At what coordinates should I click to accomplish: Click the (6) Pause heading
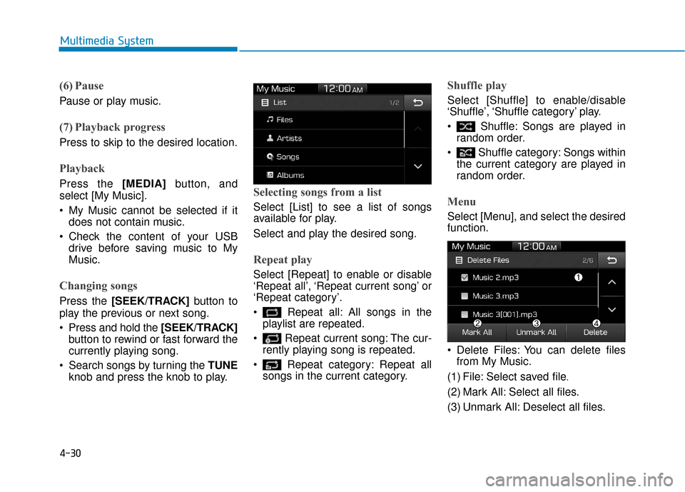click(81, 86)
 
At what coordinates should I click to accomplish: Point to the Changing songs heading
click(98, 285)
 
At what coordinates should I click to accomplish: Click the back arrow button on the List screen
click(417, 102)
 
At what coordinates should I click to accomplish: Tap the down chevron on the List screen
click(417, 166)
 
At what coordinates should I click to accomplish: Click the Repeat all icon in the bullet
click(272, 313)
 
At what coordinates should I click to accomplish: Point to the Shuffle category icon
click(465, 153)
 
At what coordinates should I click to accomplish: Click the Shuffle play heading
click(477, 85)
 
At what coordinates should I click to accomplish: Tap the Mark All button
click(477, 332)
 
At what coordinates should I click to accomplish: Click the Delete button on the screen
click(595, 332)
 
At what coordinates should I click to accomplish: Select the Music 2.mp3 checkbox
click(465, 277)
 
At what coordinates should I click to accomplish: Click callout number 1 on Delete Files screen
click(578, 276)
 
